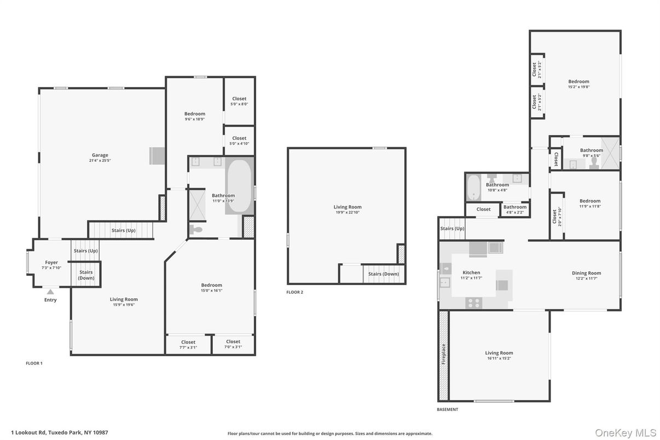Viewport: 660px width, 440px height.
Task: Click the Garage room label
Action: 100,155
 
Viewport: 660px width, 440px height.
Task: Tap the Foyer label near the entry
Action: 51,263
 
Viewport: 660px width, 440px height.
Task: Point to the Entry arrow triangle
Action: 50,292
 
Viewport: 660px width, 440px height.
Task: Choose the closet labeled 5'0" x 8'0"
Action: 239,101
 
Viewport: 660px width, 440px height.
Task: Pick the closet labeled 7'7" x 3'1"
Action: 188,344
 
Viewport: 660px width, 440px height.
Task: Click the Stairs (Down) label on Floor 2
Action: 383,274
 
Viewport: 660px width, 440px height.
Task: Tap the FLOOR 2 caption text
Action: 294,292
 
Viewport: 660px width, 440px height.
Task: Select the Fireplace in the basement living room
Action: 443,354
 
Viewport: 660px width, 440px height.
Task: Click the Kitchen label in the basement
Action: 471,273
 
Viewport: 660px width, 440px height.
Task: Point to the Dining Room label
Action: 587,273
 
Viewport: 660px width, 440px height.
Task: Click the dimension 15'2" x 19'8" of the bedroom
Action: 578,87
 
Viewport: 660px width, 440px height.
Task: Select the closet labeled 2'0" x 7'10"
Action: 557,216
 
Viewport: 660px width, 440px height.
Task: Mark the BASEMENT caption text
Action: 447,409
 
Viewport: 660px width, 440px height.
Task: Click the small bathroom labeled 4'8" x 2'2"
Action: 515,209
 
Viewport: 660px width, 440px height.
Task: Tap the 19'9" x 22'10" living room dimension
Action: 348,212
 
